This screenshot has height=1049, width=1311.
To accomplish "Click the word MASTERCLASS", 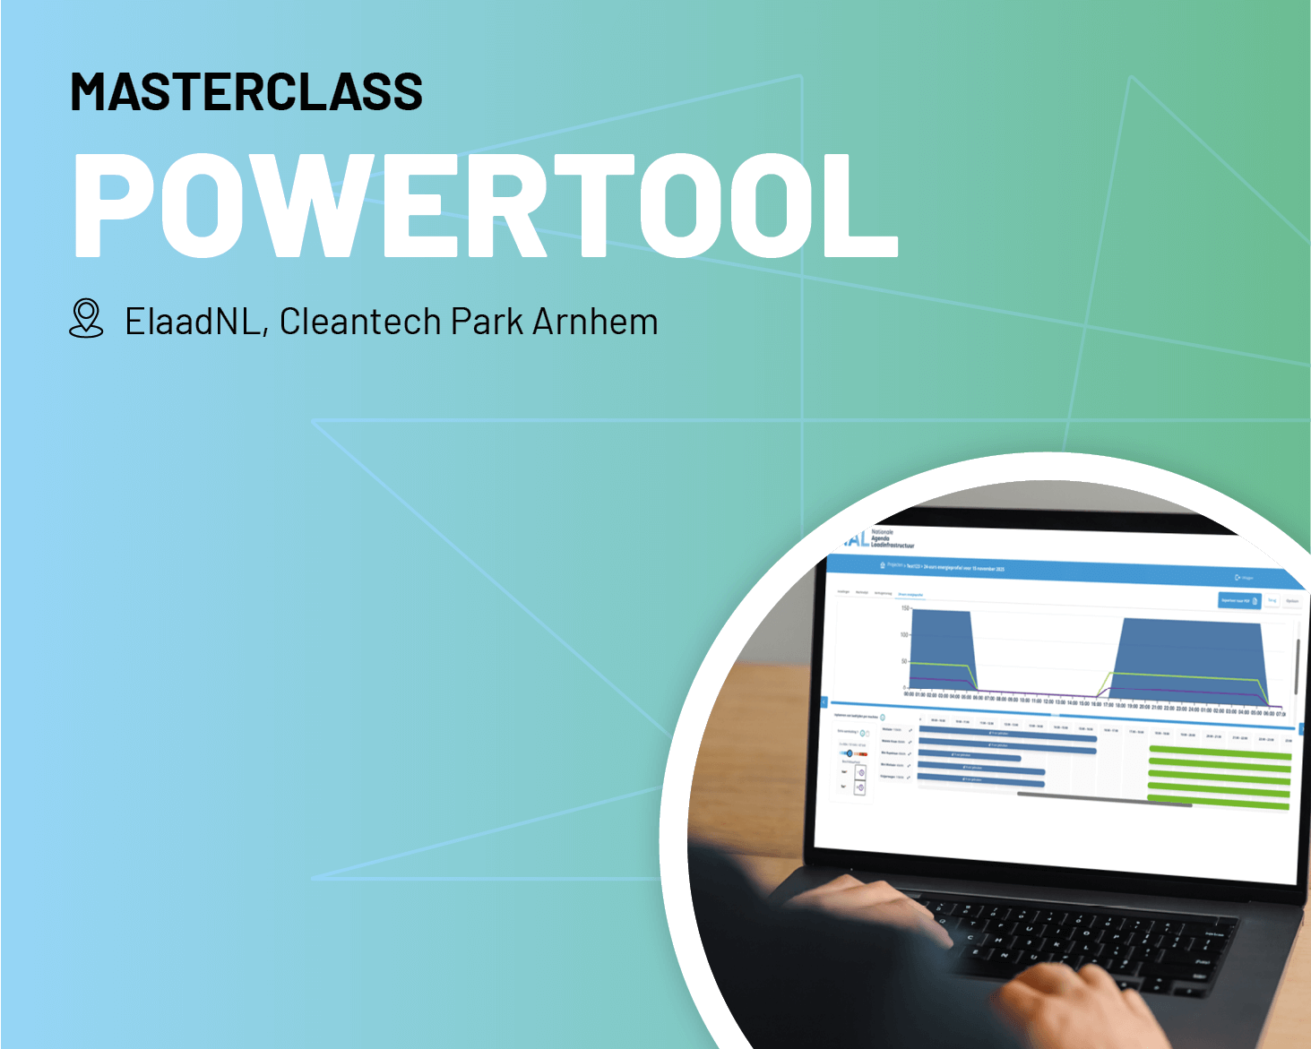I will coord(246,92).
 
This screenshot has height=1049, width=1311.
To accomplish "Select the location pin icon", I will coord(86,319).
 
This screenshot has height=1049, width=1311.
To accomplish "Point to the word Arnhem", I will coord(595,322).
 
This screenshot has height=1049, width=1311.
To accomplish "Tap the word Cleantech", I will coord(360,322).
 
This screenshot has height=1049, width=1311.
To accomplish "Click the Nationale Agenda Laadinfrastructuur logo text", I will coord(891,538).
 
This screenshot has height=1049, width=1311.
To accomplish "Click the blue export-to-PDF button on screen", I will coord(1239,600).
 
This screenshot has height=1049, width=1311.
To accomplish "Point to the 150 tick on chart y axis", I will coord(905,608).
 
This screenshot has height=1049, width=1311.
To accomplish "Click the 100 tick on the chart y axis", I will coord(904,634).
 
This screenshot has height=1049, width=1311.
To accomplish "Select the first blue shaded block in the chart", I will coord(941,645).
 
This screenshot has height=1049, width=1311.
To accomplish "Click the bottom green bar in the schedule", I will coord(1219,804).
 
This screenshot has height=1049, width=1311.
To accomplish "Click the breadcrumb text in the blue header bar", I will coord(945,567).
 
